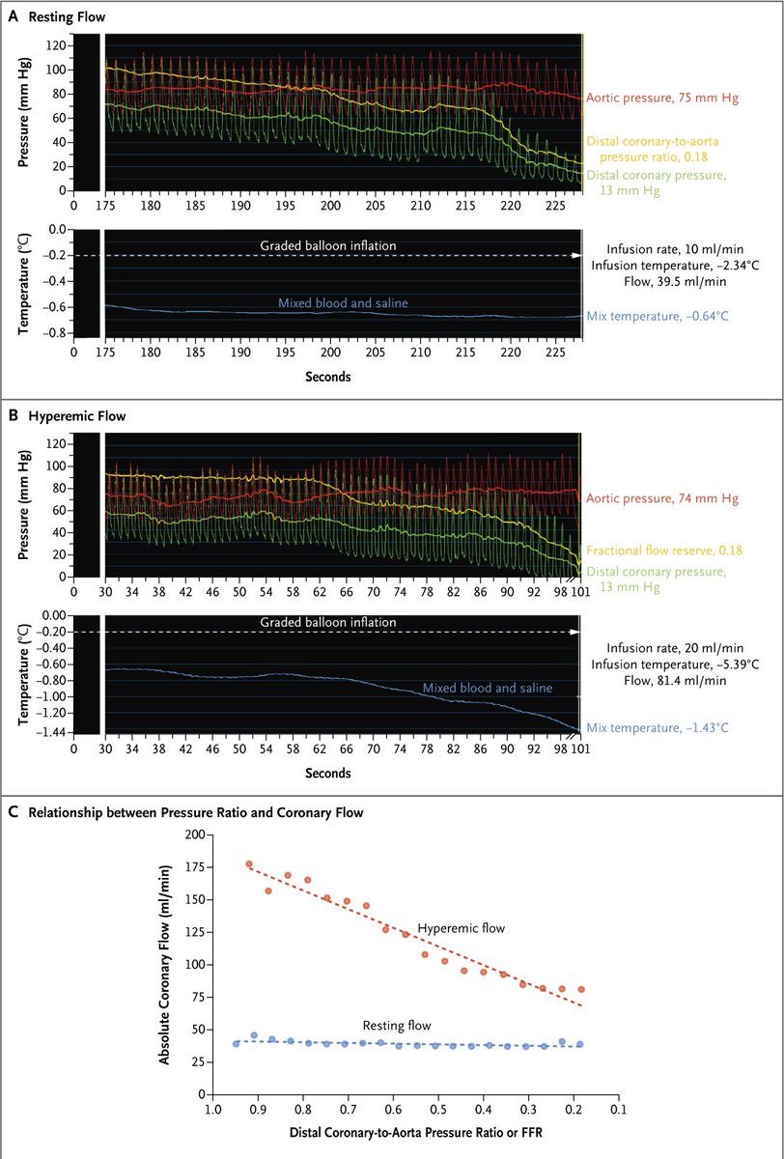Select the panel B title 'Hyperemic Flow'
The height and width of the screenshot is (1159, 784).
[x=73, y=416]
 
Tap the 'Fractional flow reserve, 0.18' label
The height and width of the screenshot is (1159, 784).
[x=662, y=550]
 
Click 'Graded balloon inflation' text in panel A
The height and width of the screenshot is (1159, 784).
[x=328, y=245]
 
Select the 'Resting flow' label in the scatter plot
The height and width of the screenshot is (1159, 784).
[x=396, y=1025]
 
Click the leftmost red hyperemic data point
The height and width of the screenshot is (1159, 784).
[x=249, y=864]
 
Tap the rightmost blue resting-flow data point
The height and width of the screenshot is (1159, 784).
[x=580, y=1044]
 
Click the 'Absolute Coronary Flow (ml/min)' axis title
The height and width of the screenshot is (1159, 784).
[x=165, y=963]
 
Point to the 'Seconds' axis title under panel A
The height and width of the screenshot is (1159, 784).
[x=328, y=377]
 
